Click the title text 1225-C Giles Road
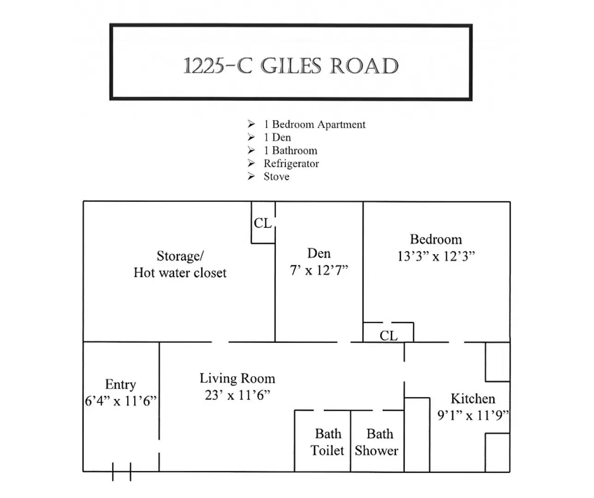click(291, 65)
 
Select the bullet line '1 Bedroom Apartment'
click(315, 125)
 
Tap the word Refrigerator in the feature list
click(291, 164)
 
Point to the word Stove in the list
click(276, 177)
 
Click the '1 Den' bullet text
click(277, 137)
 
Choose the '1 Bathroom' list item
click(290, 150)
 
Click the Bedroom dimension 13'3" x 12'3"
click(436, 256)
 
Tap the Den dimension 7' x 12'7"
click(319, 270)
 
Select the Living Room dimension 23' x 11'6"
click(237, 395)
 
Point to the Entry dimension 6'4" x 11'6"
click(121, 401)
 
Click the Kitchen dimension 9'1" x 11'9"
click(473, 415)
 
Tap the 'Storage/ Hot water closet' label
click(180, 265)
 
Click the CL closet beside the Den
click(263, 223)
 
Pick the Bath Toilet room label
click(327, 442)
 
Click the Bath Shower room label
click(377, 442)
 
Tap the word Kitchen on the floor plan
click(473, 399)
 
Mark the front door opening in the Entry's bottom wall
click(122, 472)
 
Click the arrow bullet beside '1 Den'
click(251, 137)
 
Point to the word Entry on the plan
click(121, 385)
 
